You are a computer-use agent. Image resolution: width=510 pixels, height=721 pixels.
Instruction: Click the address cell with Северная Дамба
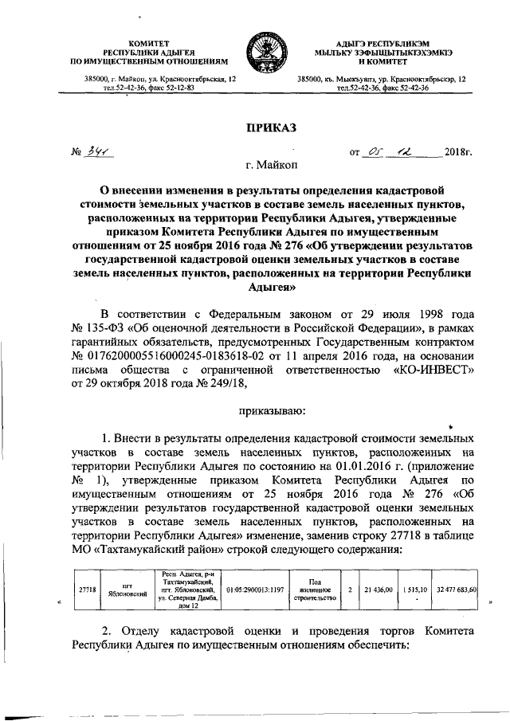click(x=186, y=590)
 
